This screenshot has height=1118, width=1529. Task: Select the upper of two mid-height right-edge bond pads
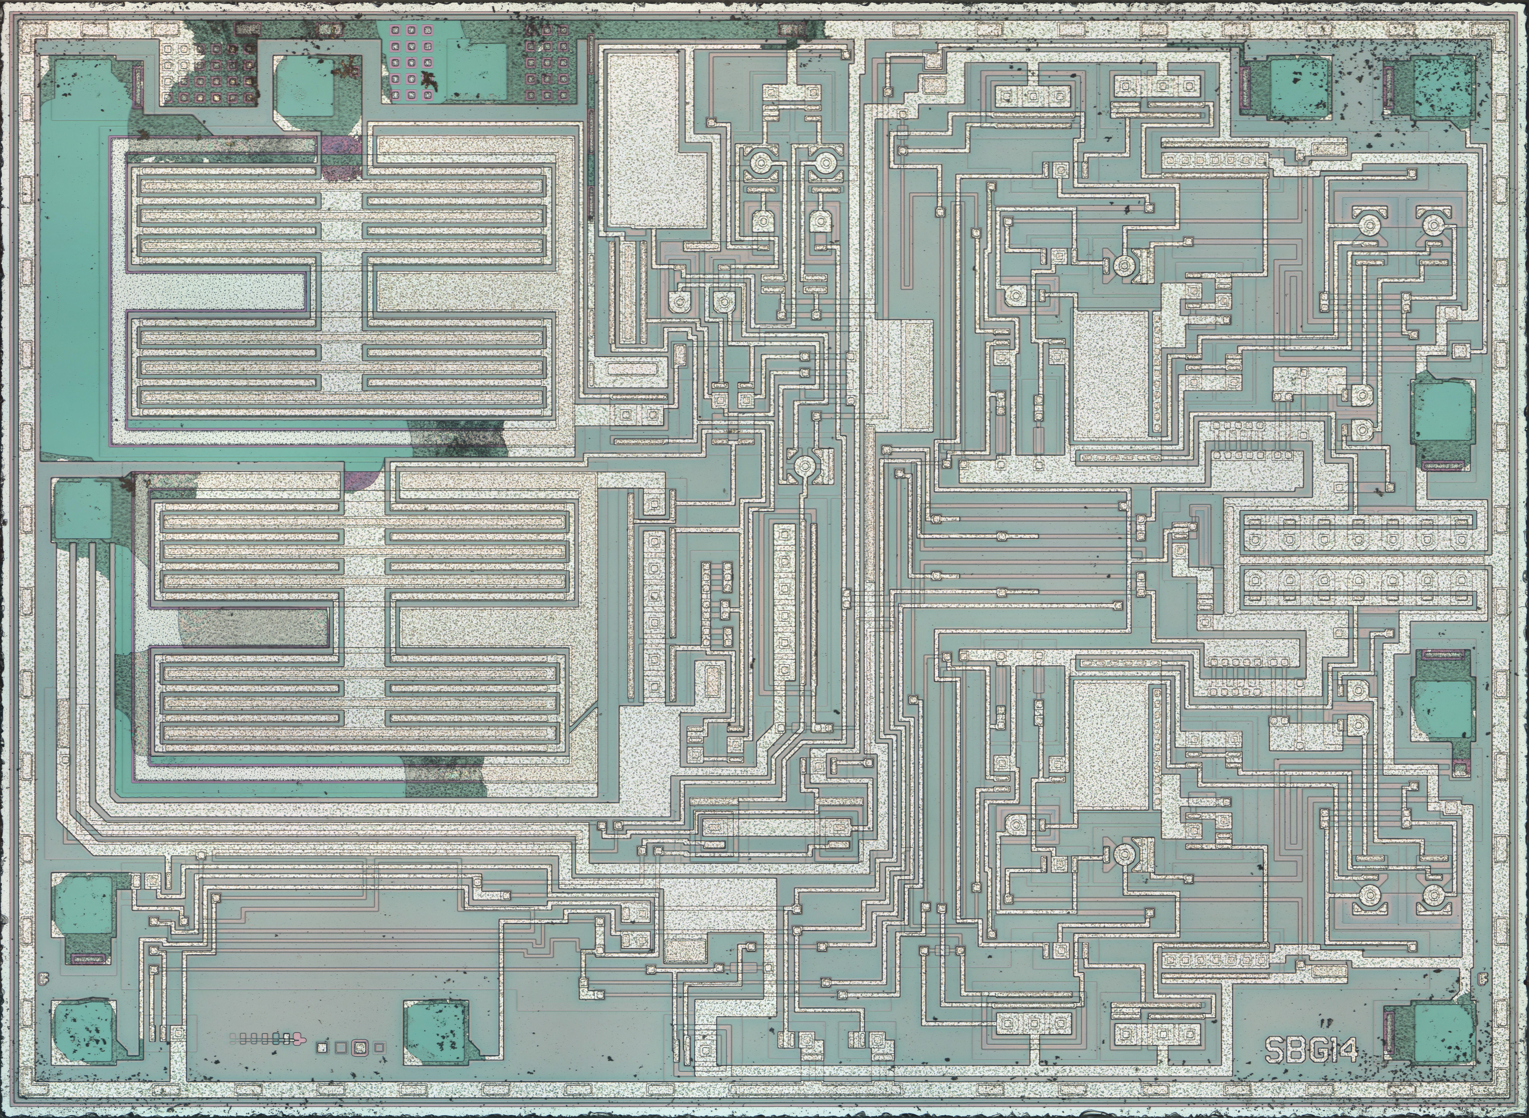point(1442,413)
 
